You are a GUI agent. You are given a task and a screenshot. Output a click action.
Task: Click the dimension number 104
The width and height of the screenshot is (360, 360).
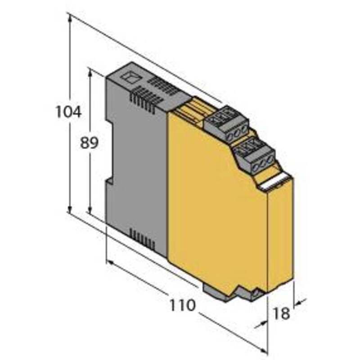point(69,112)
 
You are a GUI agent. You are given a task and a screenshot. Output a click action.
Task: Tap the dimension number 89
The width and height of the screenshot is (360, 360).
point(89,142)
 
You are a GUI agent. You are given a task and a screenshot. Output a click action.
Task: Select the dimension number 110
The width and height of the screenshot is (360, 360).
point(183,305)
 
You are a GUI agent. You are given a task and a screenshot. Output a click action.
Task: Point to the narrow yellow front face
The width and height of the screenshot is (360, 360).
point(281,234)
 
